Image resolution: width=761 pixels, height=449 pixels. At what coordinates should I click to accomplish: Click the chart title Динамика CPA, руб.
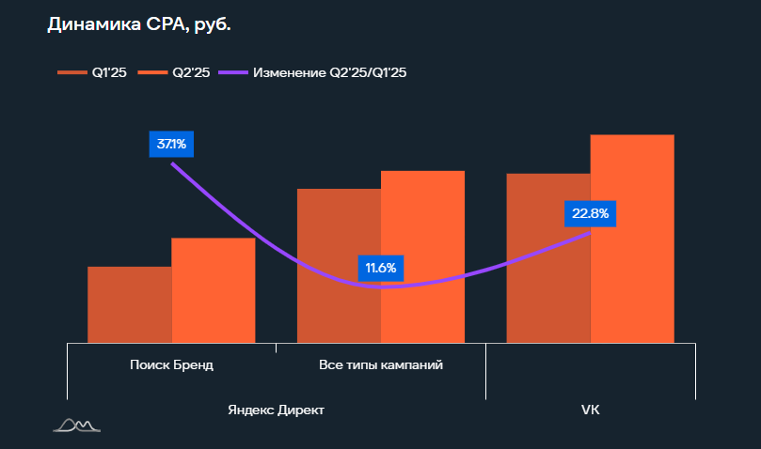[138, 25]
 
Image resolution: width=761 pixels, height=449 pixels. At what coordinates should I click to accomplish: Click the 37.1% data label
[171, 145]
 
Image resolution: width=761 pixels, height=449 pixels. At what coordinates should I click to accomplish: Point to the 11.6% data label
[381, 269]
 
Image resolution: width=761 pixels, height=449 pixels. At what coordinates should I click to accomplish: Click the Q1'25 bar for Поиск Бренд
[130, 304]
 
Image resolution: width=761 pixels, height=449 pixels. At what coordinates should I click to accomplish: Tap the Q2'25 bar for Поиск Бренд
[214, 290]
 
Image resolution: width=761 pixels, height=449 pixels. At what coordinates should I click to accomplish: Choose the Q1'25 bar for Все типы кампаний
[339, 266]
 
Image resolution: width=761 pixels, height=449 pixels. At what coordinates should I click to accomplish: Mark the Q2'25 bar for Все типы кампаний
[422, 256]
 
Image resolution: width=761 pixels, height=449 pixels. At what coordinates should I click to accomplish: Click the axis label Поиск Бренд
[171, 364]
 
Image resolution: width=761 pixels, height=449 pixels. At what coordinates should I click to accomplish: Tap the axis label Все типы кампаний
[381, 364]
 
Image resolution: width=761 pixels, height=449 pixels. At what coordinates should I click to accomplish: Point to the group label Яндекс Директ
[276, 410]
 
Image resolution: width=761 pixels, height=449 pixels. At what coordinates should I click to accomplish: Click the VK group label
[591, 410]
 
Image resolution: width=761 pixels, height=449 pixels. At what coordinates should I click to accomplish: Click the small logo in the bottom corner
[76, 426]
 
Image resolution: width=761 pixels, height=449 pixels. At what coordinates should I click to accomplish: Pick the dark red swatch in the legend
[71, 72]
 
